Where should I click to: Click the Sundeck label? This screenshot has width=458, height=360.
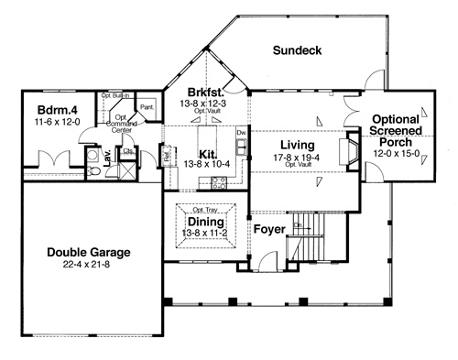pos(299,51)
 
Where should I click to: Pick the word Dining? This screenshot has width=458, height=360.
pos(205,221)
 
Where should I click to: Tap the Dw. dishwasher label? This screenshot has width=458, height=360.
pos(240,134)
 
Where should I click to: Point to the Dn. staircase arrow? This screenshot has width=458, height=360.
pos(299,226)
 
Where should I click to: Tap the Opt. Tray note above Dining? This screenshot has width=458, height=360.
pos(205,209)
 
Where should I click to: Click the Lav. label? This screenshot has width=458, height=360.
pos(108,158)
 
